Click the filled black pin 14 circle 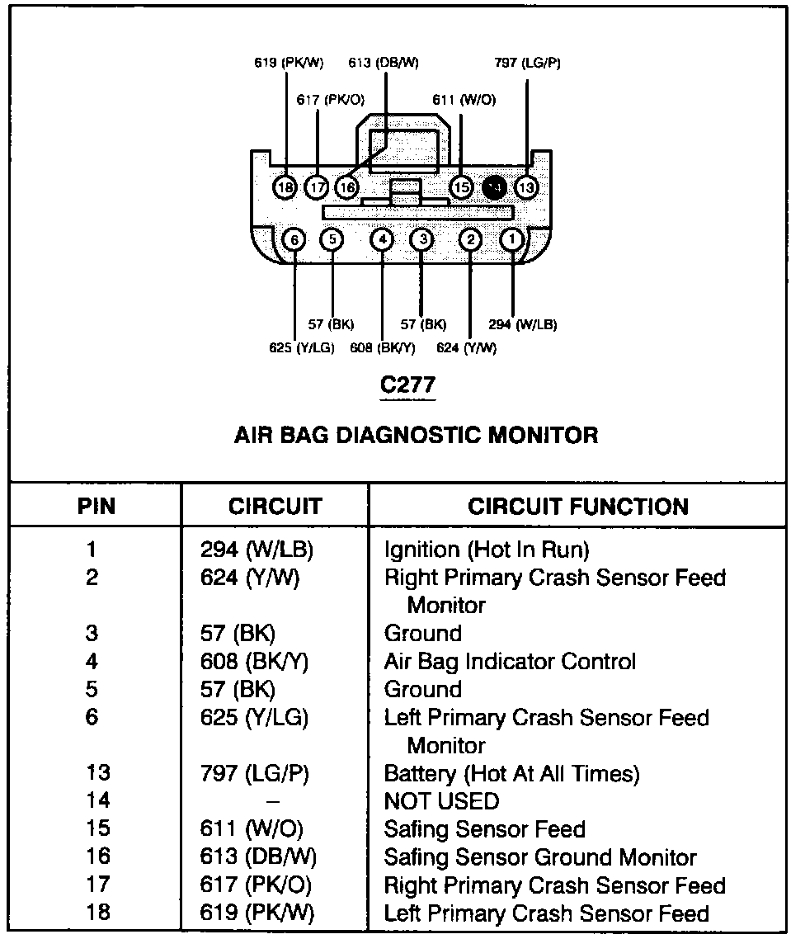point(495,187)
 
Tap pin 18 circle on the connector point(285,188)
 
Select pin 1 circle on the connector point(512,239)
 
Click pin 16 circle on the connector point(347,188)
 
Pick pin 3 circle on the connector point(421,239)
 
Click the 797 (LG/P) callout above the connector point(528,63)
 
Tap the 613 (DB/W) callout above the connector point(384,63)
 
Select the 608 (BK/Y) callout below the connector point(384,347)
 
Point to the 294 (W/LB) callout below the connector point(522,324)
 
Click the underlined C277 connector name point(407,385)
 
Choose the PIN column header point(97,506)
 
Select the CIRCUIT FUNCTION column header point(578,506)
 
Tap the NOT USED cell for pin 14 point(442,801)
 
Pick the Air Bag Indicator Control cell point(510,662)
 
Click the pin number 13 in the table point(97,774)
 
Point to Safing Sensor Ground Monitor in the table point(540,857)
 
